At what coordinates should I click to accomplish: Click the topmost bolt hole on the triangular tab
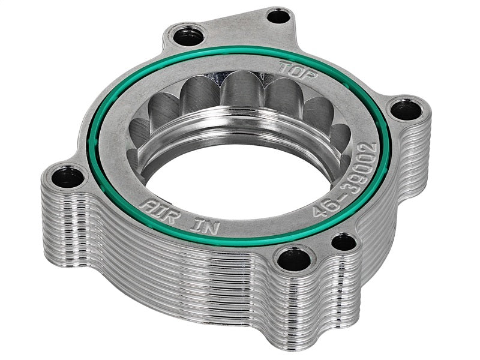coord(278,16)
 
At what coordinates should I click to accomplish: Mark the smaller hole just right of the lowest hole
coord(343,242)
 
